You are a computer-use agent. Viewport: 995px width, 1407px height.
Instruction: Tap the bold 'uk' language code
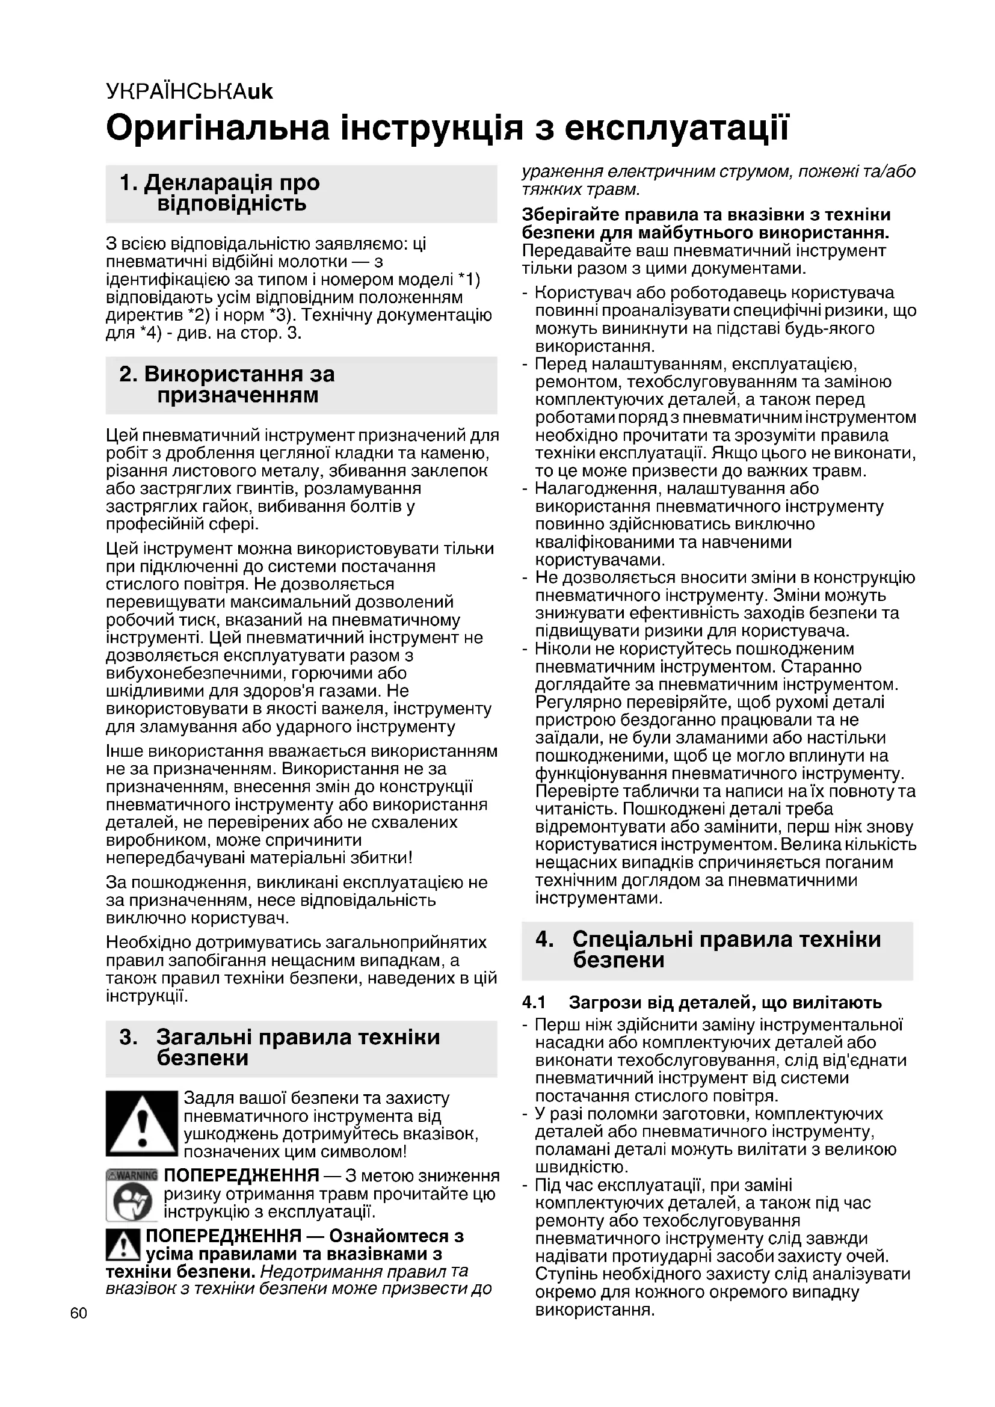click(x=260, y=92)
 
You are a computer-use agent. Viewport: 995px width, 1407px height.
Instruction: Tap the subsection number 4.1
click(x=534, y=1003)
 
